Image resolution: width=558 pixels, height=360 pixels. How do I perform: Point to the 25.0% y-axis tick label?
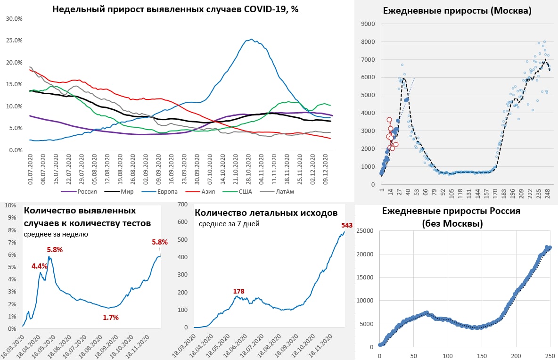click(15, 41)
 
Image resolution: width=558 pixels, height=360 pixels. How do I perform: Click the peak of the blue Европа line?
click(252, 39)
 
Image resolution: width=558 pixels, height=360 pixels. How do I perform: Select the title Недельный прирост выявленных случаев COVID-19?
click(175, 9)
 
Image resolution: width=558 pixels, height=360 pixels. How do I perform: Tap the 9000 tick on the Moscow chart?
click(368, 24)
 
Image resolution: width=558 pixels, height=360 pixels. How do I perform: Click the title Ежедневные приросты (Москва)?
click(457, 11)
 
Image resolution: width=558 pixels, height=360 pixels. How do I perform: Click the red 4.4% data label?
click(40, 266)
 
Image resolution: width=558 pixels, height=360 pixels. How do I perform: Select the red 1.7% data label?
click(111, 318)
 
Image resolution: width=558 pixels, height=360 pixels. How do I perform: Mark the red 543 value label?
click(346, 225)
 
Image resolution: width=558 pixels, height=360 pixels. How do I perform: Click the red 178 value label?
click(238, 292)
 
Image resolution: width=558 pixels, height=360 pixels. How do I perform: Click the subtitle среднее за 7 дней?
click(229, 224)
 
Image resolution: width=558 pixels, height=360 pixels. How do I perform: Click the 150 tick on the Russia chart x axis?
click(482, 356)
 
